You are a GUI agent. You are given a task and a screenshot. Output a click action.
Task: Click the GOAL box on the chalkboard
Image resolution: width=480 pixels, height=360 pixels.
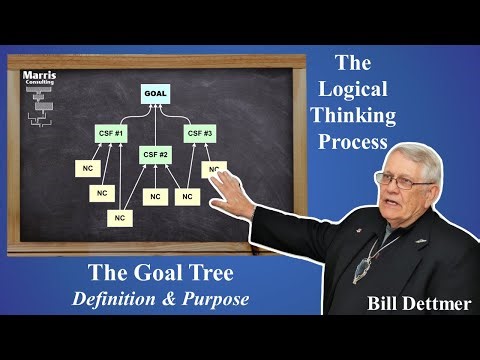pyautogui.click(x=155, y=94)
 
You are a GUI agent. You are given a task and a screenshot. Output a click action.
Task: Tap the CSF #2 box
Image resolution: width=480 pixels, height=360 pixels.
pyautogui.click(x=155, y=154)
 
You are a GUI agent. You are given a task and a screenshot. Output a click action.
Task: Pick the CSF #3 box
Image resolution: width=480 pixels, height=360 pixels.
pyautogui.click(x=200, y=132)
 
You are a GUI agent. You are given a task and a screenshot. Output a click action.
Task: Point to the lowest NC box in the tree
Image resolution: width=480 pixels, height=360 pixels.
pyautogui.click(x=120, y=216)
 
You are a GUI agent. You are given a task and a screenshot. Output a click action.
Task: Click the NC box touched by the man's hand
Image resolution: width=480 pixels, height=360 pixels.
pyautogui.click(x=213, y=169)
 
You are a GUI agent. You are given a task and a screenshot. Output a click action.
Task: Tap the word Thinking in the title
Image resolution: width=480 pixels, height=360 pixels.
pyautogui.click(x=354, y=116)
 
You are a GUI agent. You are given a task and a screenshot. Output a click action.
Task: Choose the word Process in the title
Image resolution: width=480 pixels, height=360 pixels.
pyautogui.click(x=353, y=142)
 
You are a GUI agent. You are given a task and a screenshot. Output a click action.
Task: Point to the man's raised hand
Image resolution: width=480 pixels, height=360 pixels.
pyautogui.click(x=236, y=186)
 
